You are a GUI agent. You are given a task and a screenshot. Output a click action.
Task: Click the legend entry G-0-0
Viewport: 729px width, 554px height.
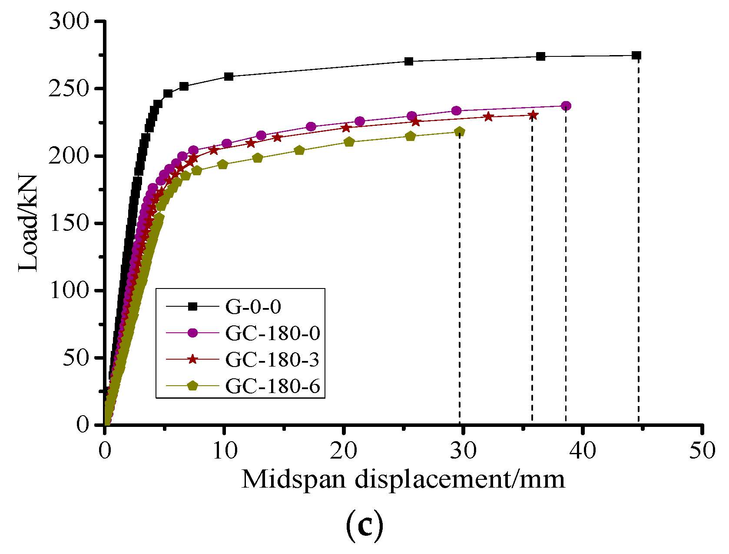coord(253,307)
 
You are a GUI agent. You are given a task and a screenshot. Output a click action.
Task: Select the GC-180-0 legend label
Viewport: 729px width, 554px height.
coord(273,333)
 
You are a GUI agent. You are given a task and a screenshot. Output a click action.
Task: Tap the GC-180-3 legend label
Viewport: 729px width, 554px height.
coord(272,360)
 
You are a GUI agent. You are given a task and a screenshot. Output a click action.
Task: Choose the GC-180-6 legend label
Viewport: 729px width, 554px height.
coord(273,386)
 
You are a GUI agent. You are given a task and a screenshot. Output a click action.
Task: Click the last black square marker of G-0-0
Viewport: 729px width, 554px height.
coord(637,56)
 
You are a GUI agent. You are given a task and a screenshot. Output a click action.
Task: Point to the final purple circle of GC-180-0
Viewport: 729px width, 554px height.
coord(566,106)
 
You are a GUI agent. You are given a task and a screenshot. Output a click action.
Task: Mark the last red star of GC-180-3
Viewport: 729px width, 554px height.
coord(533,115)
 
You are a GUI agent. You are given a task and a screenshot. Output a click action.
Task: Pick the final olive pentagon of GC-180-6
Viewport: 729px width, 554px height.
coord(460,131)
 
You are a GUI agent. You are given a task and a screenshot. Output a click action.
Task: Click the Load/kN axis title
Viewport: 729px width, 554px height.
coord(28,223)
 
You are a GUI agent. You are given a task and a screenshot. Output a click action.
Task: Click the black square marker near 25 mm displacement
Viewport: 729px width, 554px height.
coord(408,62)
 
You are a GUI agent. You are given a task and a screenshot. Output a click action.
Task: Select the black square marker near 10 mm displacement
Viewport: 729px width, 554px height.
coord(229,77)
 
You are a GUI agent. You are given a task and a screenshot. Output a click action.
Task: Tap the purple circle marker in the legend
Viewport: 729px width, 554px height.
coord(192,333)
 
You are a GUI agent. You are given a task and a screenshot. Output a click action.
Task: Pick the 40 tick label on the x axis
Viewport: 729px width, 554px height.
coord(583,451)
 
